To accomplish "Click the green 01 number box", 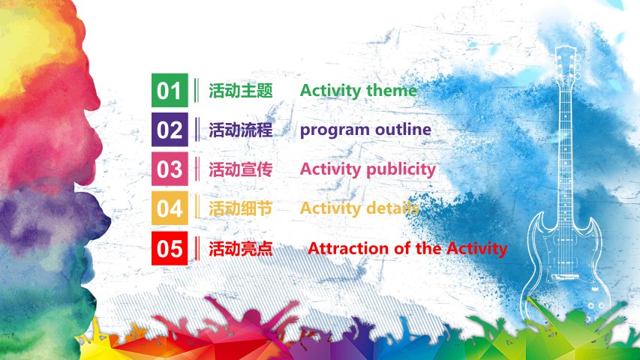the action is tap(170, 90).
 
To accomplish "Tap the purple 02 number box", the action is tap(170, 130).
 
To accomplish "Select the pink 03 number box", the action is tap(170, 169).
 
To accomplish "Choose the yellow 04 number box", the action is tap(170, 208).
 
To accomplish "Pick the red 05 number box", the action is tap(170, 248).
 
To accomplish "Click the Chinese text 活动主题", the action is tap(241, 90).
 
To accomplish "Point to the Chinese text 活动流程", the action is tap(241, 130).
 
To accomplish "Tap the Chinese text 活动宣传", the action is tap(241, 169).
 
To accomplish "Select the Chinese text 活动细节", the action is tap(241, 208).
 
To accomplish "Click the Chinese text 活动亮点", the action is tap(241, 248).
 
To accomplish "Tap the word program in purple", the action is tap(335, 130).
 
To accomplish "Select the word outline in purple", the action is tap(403, 129).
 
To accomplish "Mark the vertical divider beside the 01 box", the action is tap(197, 90).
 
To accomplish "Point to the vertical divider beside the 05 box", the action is tap(197, 248).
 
